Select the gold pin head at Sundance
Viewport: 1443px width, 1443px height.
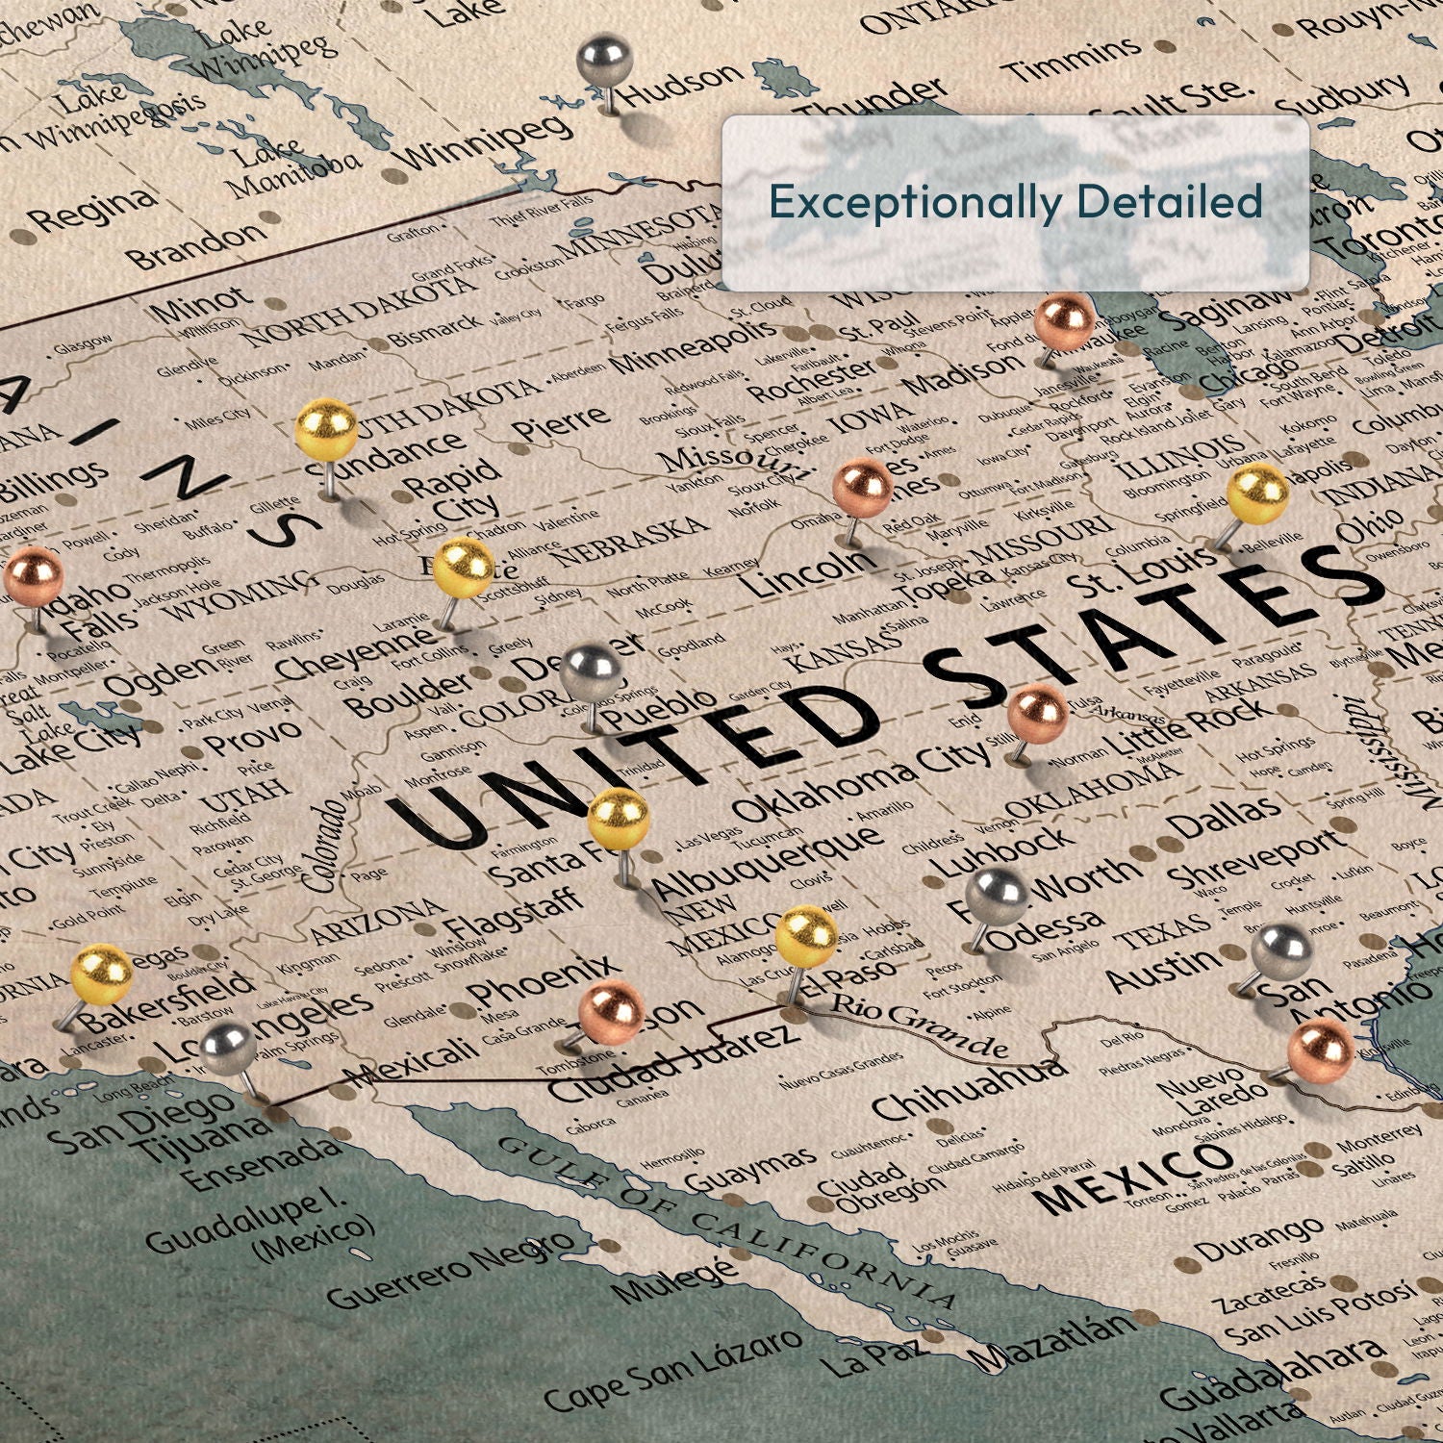point(326,429)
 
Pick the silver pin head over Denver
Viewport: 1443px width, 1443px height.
point(592,671)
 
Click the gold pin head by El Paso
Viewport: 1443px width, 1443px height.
point(806,935)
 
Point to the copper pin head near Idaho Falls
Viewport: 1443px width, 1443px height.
point(34,576)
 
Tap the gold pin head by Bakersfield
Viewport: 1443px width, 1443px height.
point(102,974)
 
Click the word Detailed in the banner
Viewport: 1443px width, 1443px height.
point(1169,202)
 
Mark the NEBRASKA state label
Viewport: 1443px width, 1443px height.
point(630,541)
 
